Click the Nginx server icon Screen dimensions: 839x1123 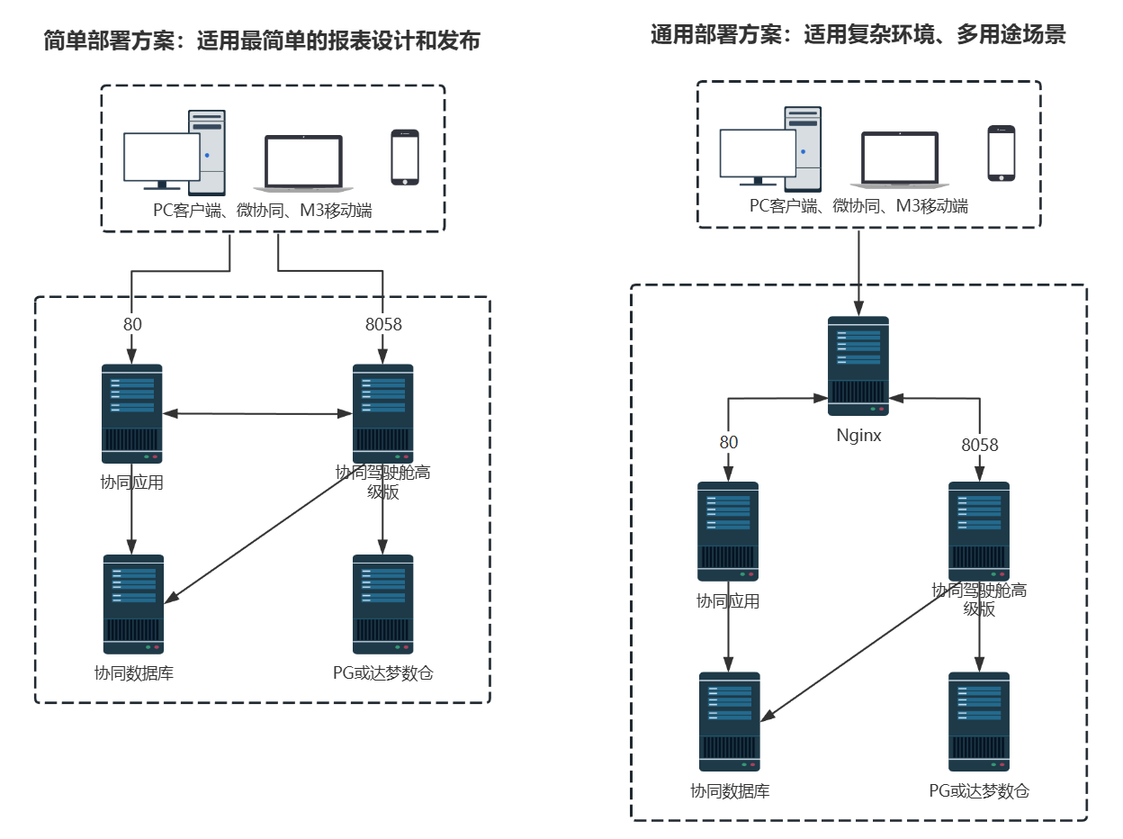[x=858, y=365]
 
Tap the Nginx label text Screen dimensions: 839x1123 [x=858, y=436]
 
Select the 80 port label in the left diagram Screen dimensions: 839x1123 [x=132, y=324]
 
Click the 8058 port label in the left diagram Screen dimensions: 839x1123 [x=383, y=324]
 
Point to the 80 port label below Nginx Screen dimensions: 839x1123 [x=728, y=442]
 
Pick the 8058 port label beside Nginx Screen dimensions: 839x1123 [x=979, y=445]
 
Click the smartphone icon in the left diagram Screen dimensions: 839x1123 [x=405, y=158]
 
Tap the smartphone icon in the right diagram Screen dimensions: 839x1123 [x=1001, y=153]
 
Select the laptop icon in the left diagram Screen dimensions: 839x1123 [x=303, y=163]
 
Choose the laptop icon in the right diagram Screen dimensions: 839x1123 [x=900, y=159]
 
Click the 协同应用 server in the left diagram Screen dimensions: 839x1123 [x=131, y=413]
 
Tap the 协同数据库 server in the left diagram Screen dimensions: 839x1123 [x=133, y=604]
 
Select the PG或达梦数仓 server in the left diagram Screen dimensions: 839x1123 [x=383, y=604]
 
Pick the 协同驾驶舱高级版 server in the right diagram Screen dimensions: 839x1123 [x=979, y=531]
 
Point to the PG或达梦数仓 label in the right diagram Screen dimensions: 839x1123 [x=978, y=791]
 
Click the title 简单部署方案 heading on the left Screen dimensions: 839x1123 [x=262, y=41]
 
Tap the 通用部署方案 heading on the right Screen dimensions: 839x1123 [x=858, y=35]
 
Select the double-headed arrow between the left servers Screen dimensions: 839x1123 [x=257, y=414]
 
